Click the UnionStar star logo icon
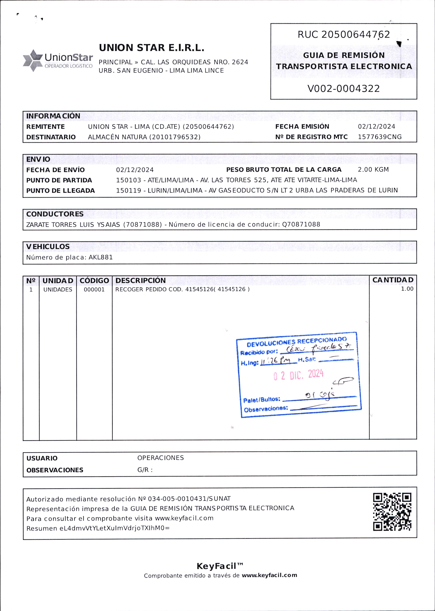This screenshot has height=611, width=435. [x=33, y=60]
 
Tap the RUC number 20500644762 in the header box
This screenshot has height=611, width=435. [x=356, y=35]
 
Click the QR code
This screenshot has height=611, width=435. [x=392, y=512]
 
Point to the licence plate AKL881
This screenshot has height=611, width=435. [x=101, y=257]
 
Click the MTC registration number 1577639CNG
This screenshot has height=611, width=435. [x=380, y=137]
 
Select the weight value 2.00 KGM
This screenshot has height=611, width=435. [x=373, y=170]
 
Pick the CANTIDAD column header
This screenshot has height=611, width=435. [x=393, y=280]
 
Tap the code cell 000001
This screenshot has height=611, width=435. [x=94, y=290]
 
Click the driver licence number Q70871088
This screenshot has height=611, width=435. [x=301, y=225]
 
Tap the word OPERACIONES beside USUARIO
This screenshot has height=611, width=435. [x=161, y=458]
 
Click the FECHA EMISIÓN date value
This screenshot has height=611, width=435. [x=376, y=126]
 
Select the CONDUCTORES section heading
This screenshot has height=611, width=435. [x=55, y=214]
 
